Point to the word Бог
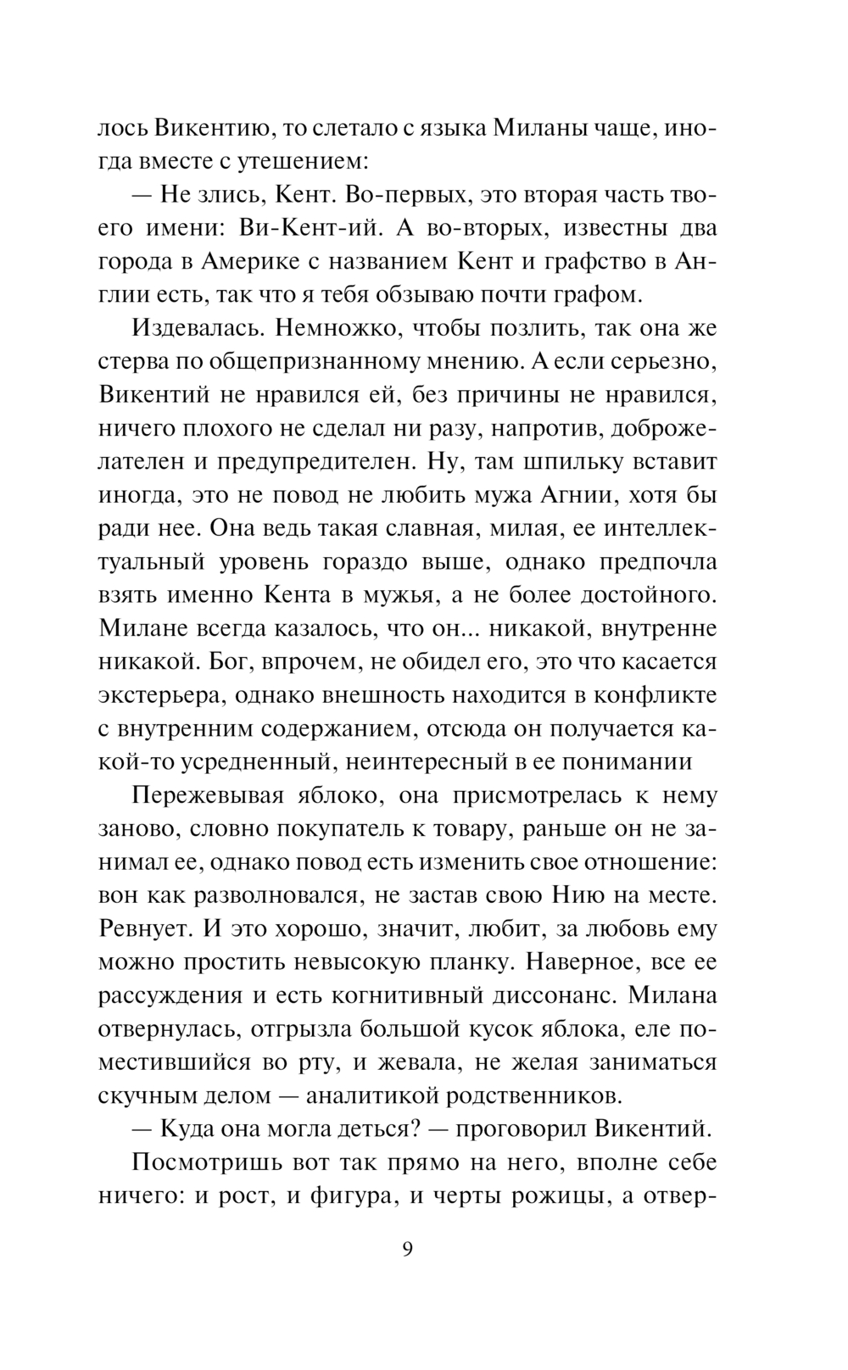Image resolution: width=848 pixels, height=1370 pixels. [120, 661]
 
